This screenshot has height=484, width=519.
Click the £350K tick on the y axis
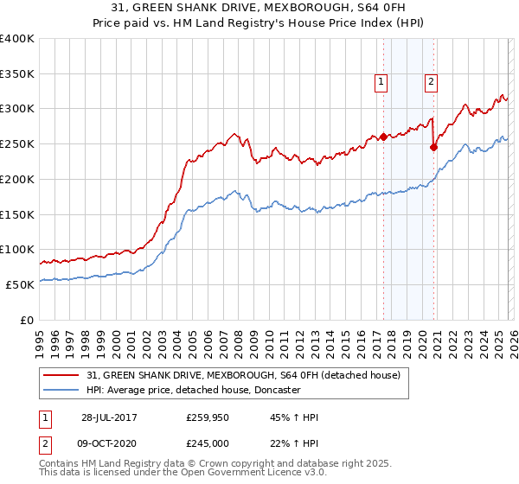(17, 74)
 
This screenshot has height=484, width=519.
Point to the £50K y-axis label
(20, 284)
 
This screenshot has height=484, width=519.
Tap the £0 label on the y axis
(27, 320)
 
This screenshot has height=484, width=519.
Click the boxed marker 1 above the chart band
(381, 82)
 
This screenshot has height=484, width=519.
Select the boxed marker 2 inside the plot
(431, 82)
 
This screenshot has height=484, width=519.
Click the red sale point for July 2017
(382, 137)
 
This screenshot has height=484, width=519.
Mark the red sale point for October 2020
(433, 147)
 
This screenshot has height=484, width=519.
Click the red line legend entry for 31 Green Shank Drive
(243, 376)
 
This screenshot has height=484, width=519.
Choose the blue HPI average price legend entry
(203, 390)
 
